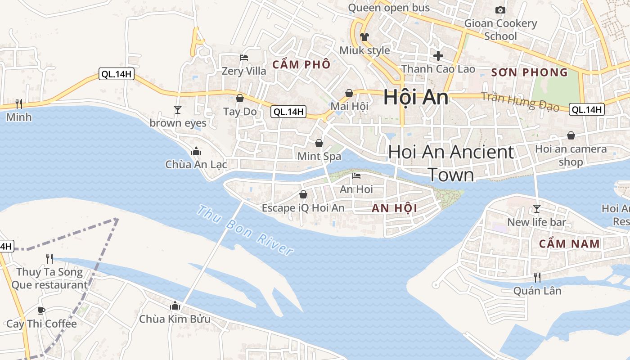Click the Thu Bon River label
(245, 230)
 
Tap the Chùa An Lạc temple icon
(196, 152)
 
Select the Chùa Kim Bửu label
(175, 319)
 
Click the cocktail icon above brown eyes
(178, 109)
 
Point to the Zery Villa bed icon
(244, 58)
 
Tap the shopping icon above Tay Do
(240, 98)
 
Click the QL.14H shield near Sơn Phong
(586, 109)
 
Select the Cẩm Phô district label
(301, 64)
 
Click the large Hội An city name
(416, 98)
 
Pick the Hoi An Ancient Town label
(451, 163)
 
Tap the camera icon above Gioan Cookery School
(500, 10)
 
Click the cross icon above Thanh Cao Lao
(438, 56)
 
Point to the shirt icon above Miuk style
(364, 37)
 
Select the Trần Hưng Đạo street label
(520, 102)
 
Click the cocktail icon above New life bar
(536, 209)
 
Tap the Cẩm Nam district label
(569, 244)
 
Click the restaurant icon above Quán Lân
(537, 277)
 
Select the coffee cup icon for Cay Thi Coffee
(41, 310)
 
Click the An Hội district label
(395, 208)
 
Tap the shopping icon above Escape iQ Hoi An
(303, 194)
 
